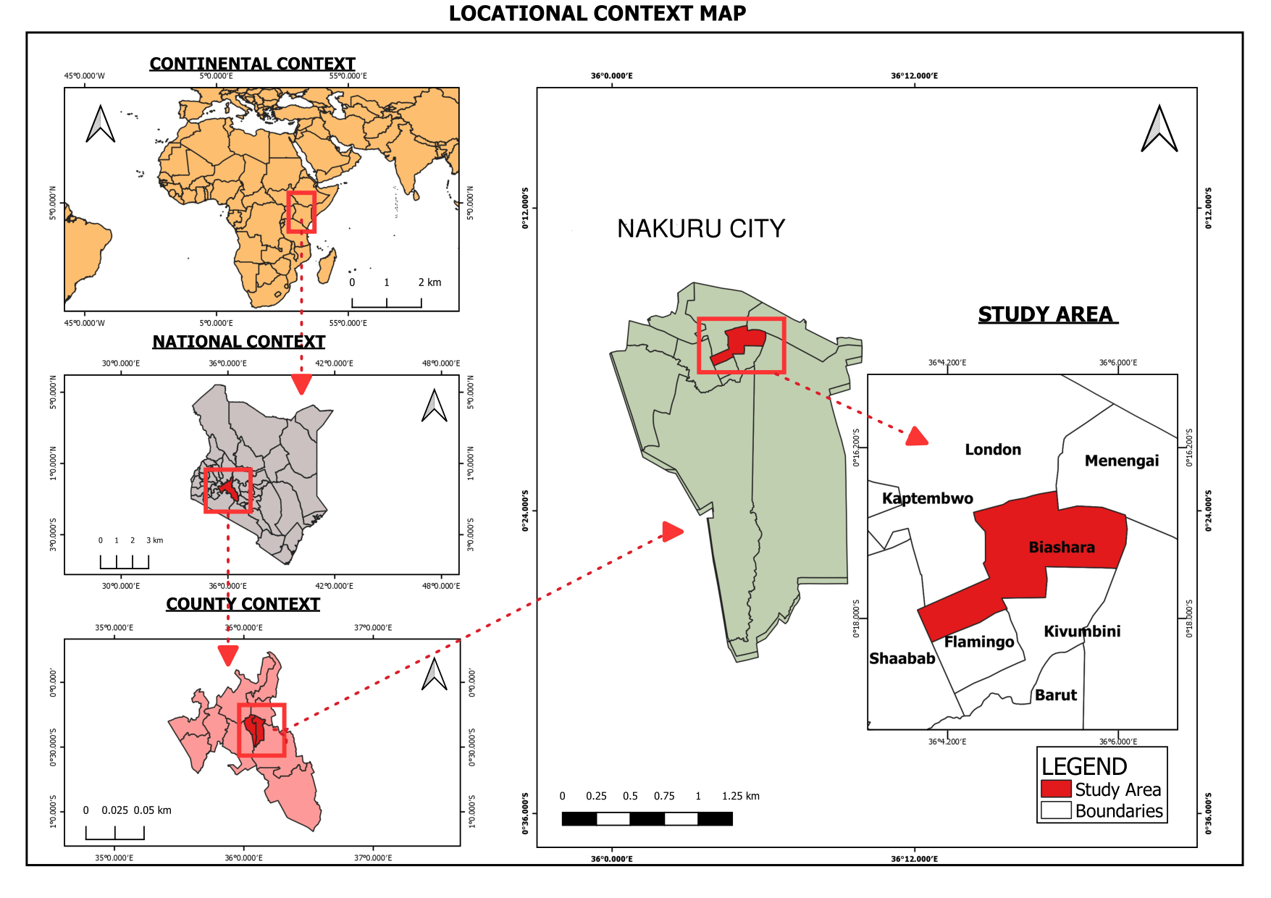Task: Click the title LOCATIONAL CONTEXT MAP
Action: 597,14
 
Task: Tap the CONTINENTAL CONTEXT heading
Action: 252,64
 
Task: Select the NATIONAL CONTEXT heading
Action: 238,342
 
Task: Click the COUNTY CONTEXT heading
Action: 243,604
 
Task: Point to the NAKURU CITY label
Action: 700,229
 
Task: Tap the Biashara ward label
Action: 1061,547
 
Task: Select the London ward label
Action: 992,450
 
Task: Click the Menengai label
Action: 1121,461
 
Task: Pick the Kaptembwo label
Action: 927,498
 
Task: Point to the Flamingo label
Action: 978,642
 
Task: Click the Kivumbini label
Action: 1081,631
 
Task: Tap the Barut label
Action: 1055,695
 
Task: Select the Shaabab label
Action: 902,658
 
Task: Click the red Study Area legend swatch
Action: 1055,789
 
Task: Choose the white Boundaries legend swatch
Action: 1055,810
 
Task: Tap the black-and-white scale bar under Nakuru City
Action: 647,819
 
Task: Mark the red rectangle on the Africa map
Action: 301,212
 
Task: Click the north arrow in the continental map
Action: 101,124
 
